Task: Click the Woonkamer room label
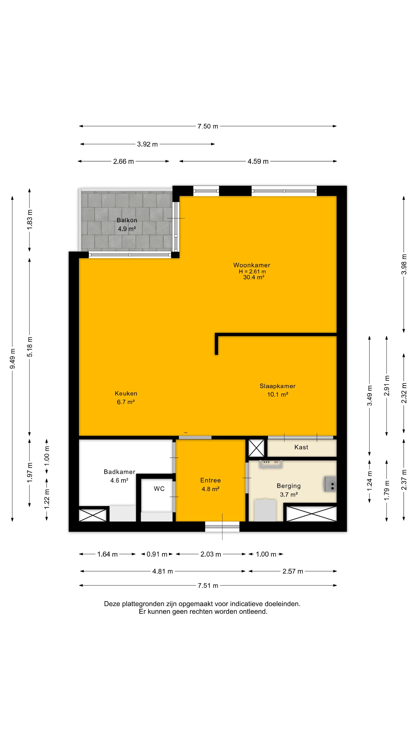[x=252, y=265]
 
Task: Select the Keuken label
[x=126, y=393]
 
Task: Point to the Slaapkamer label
[x=277, y=386]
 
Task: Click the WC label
[x=159, y=489]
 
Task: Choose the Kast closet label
[x=301, y=447]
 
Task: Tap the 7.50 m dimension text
[x=208, y=126]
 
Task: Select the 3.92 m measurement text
[x=147, y=144]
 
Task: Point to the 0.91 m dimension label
[x=157, y=554]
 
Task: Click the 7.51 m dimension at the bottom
[x=208, y=585]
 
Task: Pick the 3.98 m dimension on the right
[x=404, y=264]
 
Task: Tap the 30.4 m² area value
[x=253, y=277]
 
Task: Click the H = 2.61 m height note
[x=252, y=271]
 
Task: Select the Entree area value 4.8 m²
[x=211, y=489]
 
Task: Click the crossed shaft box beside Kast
[x=256, y=448]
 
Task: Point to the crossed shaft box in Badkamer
[x=92, y=515]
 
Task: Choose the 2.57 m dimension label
[x=293, y=571]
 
